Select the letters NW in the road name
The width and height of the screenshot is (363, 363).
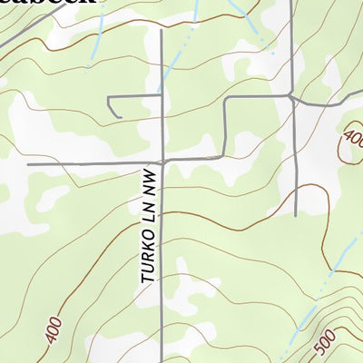(x=149, y=178)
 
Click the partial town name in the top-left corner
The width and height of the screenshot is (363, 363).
(x=50, y=5)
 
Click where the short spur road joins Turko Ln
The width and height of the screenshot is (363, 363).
(x=162, y=97)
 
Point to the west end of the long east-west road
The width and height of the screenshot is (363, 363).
(x=29, y=164)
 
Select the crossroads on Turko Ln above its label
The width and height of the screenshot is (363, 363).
(x=162, y=162)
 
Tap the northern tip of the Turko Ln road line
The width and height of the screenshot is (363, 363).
(x=162, y=30)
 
